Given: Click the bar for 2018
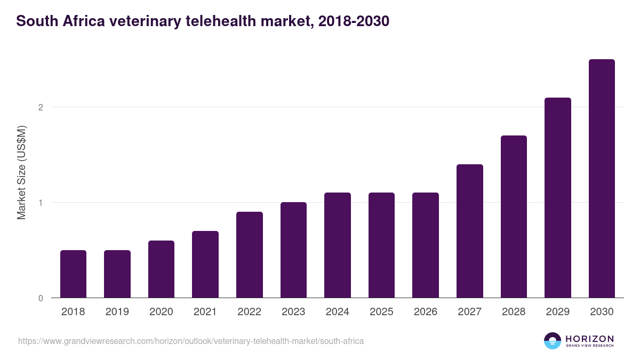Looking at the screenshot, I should coord(73,274).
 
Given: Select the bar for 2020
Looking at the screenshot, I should coord(161,269).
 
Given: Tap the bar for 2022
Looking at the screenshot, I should coord(249,254).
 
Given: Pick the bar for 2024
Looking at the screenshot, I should coord(338,245).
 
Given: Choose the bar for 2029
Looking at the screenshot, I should coord(558,197).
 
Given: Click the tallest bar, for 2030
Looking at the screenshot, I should coord(602,178).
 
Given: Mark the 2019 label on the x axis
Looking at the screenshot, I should coord(117,312).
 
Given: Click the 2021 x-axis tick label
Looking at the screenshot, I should coord(205,312).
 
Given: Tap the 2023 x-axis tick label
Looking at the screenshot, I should coord(293,312).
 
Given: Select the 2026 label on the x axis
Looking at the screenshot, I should coord(426,312).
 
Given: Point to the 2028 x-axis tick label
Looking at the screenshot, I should coord(514,312).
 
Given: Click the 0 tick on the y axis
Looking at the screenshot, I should coord(41,298).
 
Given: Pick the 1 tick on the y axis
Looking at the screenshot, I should coord(41,203).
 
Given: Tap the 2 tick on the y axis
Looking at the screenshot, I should coord(41,107).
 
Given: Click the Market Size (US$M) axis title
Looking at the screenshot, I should coord(21,172).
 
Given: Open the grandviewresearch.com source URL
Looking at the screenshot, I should coord(191,341).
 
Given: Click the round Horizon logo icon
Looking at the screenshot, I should coord(553,341).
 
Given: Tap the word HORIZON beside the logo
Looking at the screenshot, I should coord(589,339).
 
